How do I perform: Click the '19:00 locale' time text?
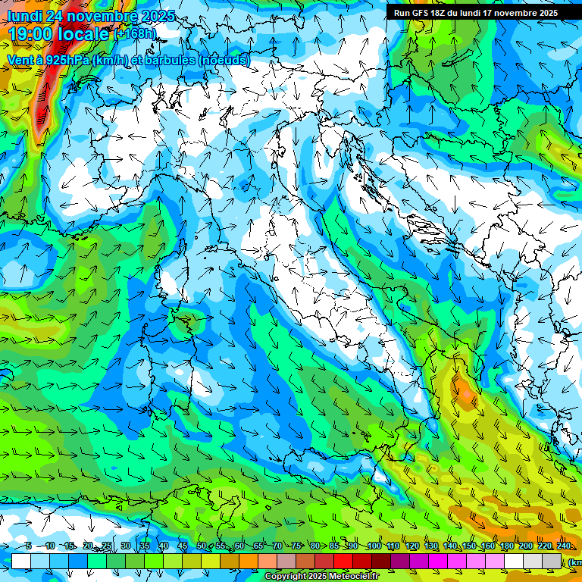(x=58, y=34)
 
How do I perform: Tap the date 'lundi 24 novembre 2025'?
(x=91, y=16)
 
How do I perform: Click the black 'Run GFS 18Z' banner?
(x=474, y=12)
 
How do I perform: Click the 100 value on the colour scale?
(x=374, y=546)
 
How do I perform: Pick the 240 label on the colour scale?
(x=564, y=546)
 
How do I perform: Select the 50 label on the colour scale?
(x=202, y=546)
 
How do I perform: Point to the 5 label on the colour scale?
(x=29, y=546)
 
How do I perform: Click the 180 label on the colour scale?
(x=507, y=546)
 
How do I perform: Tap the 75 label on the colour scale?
(x=296, y=546)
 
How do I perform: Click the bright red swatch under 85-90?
(x=343, y=561)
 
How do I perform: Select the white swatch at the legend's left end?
(x=21, y=561)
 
